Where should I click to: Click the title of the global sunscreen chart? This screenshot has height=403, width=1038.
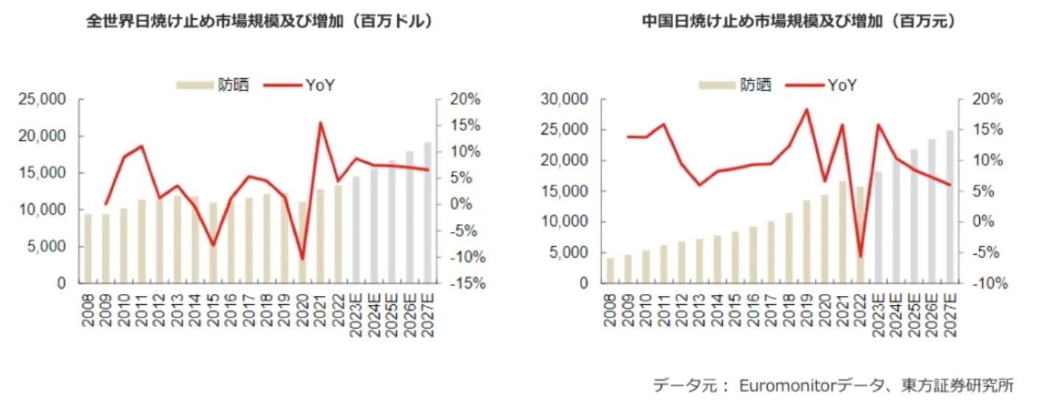click(x=258, y=21)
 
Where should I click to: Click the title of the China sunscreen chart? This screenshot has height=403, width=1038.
click(x=798, y=21)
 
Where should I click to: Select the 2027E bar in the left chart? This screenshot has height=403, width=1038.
click(x=428, y=214)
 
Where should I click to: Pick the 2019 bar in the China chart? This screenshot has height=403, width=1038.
click(x=807, y=242)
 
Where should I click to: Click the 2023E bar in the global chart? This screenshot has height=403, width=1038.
click(x=356, y=230)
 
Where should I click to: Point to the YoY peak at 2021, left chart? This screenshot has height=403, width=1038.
click(x=320, y=122)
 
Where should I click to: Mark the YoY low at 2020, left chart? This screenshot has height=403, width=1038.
click(x=303, y=259)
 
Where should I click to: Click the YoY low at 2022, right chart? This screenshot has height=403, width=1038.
click(x=860, y=257)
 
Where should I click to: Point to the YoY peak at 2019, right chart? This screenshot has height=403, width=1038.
click(x=807, y=110)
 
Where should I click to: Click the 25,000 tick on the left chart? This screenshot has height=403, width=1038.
click(x=46, y=99)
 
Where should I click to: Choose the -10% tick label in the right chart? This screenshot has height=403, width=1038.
click(x=983, y=284)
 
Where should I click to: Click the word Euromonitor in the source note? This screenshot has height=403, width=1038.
click(x=780, y=385)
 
